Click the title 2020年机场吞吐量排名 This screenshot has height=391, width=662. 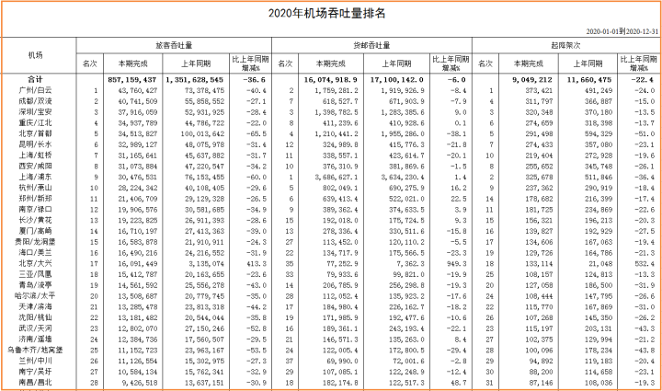click(x=331, y=13)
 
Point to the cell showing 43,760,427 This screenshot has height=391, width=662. click(x=138, y=90)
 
